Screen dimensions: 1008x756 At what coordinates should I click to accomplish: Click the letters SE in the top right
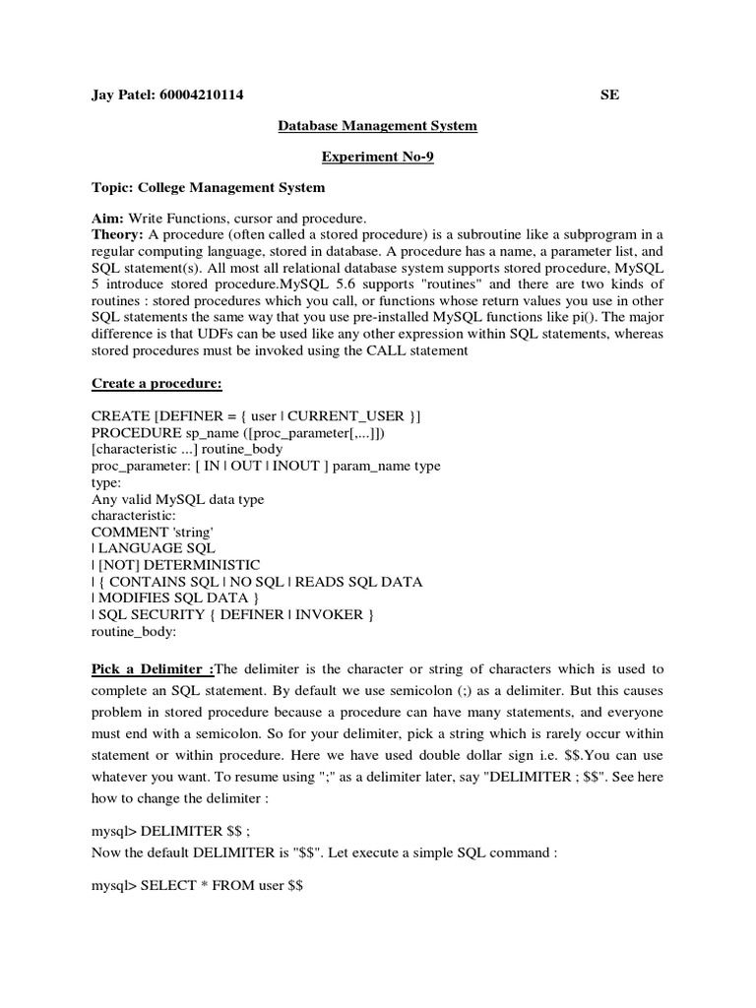click(610, 94)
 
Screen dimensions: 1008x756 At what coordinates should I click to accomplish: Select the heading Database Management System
click(378, 125)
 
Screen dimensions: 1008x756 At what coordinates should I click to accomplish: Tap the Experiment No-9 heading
click(378, 156)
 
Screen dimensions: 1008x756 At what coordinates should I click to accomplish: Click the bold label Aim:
click(108, 217)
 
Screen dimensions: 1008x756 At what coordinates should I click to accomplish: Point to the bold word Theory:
click(118, 233)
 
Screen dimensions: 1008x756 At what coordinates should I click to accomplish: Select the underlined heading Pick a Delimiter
click(153, 669)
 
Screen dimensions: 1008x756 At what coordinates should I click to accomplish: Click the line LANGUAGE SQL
click(157, 548)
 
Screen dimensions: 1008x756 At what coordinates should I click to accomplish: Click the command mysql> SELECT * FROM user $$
click(197, 886)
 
